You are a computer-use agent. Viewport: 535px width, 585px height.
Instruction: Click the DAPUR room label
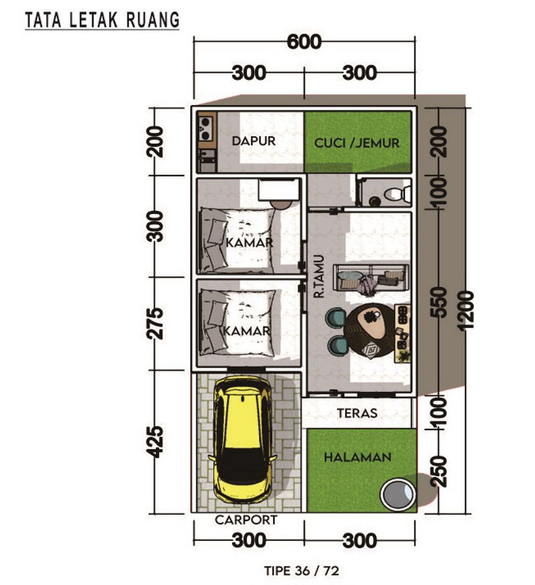pos(254,141)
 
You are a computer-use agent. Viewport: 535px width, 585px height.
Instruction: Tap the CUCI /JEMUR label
pos(357,143)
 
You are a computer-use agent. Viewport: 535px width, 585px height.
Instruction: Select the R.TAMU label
pos(319,276)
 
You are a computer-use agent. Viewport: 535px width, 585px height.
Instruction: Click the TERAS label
pos(357,413)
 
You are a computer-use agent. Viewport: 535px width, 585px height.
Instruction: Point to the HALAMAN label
pos(358,457)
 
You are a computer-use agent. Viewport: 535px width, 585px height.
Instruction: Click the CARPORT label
pos(246,520)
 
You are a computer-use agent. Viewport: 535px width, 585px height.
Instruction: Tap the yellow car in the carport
pos(245,438)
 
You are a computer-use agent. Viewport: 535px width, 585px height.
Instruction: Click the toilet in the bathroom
pos(398,194)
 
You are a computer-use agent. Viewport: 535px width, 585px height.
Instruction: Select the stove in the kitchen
pos(205,127)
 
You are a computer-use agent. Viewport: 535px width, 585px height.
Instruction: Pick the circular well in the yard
pos(397,494)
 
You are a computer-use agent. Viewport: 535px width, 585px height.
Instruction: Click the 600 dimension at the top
pos(304,42)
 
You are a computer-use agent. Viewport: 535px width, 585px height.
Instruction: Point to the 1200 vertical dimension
pos(467,310)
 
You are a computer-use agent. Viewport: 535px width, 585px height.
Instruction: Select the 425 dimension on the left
pos(154,442)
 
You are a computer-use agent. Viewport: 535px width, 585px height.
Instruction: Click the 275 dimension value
pos(154,323)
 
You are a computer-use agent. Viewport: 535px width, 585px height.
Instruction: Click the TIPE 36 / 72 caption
pos(302,570)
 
